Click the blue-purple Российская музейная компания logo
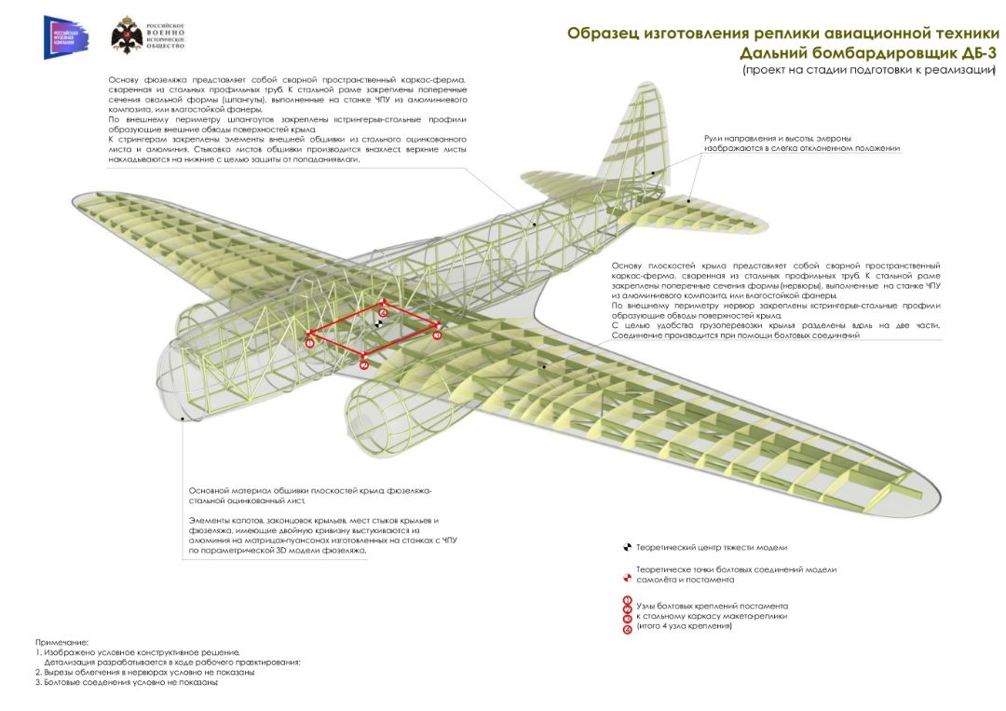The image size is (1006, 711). click(65, 37)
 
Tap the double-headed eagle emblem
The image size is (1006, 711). click(127, 36)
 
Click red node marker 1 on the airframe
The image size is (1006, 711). click(310, 343)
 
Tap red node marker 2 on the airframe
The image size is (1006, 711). click(363, 364)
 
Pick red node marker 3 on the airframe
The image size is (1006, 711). click(438, 334)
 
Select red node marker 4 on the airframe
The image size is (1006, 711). click(383, 312)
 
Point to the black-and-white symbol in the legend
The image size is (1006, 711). click(627, 547)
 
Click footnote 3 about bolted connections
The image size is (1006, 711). click(126, 682)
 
